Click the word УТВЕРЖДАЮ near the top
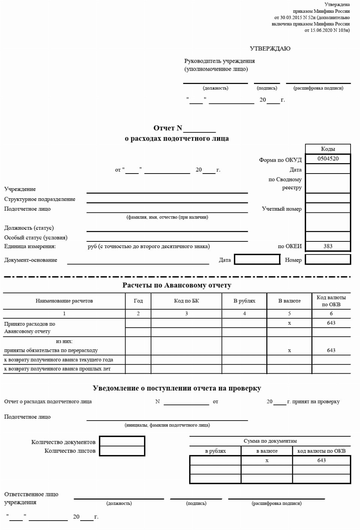point(270,49)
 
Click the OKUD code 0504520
point(328,159)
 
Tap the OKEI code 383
point(328,246)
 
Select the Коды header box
point(328,149)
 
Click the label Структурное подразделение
point(40,199)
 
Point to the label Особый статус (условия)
point(36,238)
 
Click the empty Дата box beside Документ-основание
point(257,259)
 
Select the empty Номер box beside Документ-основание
point(328,259)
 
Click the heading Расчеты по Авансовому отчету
point(177,285)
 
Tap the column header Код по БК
point(186,301)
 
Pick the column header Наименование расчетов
point(64,301)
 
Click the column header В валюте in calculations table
point(289,301)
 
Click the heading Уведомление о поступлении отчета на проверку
point(177,388)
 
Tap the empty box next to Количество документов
point(122,442)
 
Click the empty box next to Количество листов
point(122,451)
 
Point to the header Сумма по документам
point(270,441)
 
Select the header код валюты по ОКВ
point(321,451)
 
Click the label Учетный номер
point(281,209)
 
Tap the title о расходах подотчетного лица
point(177,139)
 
